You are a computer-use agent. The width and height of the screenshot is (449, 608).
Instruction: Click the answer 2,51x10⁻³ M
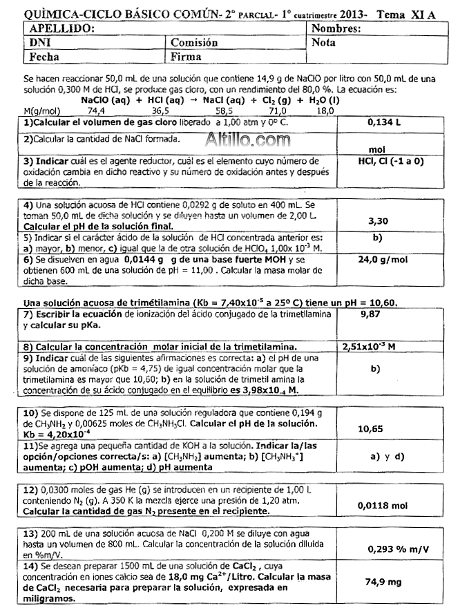point(374,346)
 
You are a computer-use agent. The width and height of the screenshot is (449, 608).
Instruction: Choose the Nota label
point(324,43)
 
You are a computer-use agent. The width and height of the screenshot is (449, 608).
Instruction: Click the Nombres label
point(337,30)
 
